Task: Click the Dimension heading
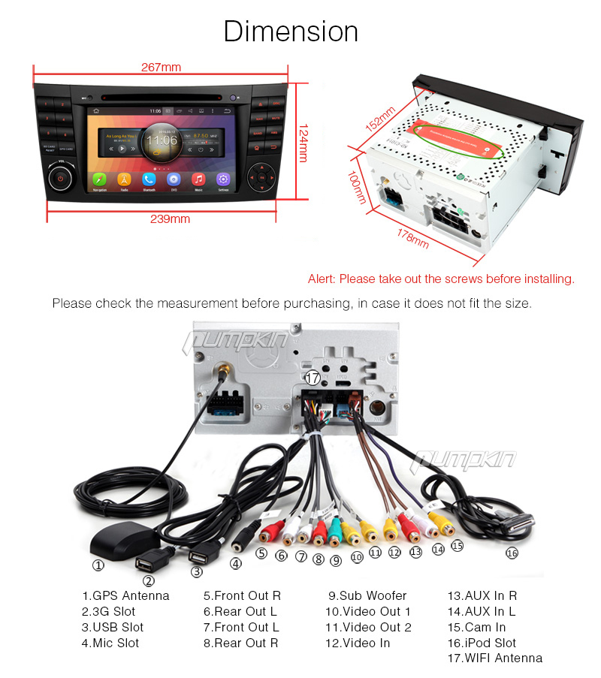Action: click(x=291, y=32)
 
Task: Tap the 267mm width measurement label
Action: click(x=161, y=67)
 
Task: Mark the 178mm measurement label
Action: click(x=412, y=237)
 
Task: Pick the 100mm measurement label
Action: click(x=358, y=187)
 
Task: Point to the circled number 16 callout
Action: click(x=512, y=553)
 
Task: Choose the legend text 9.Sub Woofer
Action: click(x=367, y=595)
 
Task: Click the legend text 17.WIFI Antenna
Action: click(x=494, y=658)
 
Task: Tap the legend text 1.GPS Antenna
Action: click(x=125, y=595)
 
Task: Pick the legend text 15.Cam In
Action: click(x=476, y=627)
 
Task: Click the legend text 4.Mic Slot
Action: click(x=110, y=643)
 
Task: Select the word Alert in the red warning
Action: click(x=322, y=279)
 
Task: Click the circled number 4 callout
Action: click(x=236, y=563)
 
